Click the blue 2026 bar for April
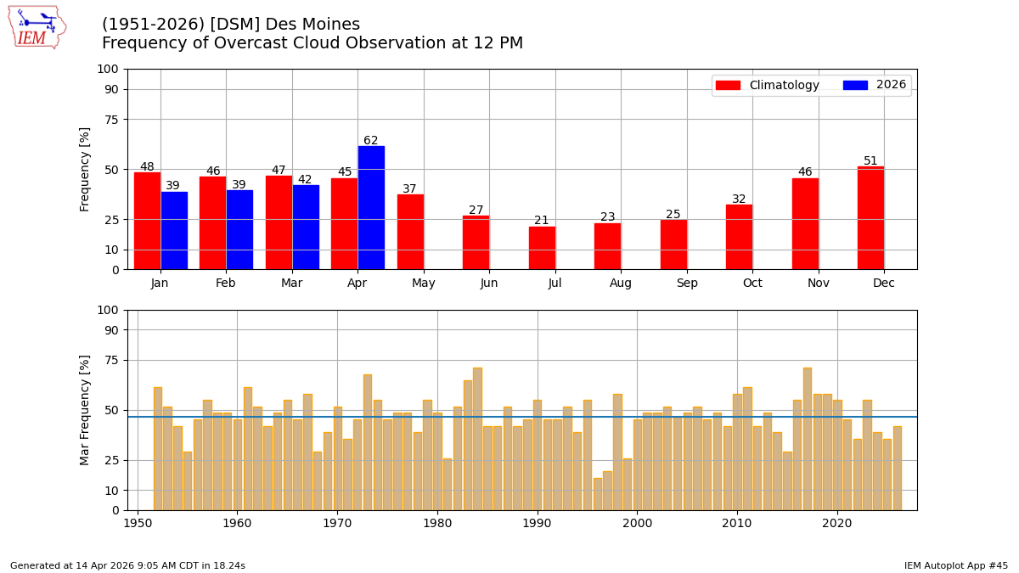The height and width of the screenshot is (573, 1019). click(371, 208)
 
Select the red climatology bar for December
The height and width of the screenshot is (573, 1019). click(870, 218)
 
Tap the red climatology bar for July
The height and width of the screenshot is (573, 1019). click(542, 248)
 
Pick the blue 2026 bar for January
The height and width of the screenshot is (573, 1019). click(174, 231)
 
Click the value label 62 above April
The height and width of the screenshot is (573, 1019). click(371, 141)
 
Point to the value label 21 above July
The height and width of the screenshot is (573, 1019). click(542, 221)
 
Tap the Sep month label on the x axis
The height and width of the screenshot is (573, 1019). click(687, 284)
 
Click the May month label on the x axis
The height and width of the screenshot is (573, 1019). click(424, 284)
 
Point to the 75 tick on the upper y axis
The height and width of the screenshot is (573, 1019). click(111, 120)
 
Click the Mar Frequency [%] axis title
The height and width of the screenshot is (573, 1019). click(85, 410)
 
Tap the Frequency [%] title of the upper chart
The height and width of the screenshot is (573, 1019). click(85, 169)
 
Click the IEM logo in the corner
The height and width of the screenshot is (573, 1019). click(37, 26)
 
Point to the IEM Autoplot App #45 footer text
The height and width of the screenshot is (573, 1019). click(955, 565)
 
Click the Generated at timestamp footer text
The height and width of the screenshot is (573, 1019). click(127, 565)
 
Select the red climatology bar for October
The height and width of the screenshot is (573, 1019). click(739, 237)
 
